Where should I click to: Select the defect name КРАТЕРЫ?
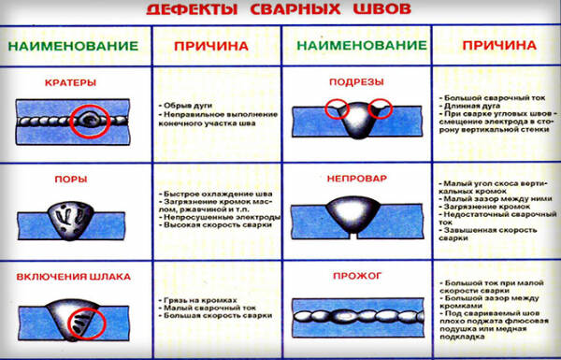coord(70,82)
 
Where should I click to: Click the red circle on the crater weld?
coord(91,122)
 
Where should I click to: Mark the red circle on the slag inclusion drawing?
coord(88,323)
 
